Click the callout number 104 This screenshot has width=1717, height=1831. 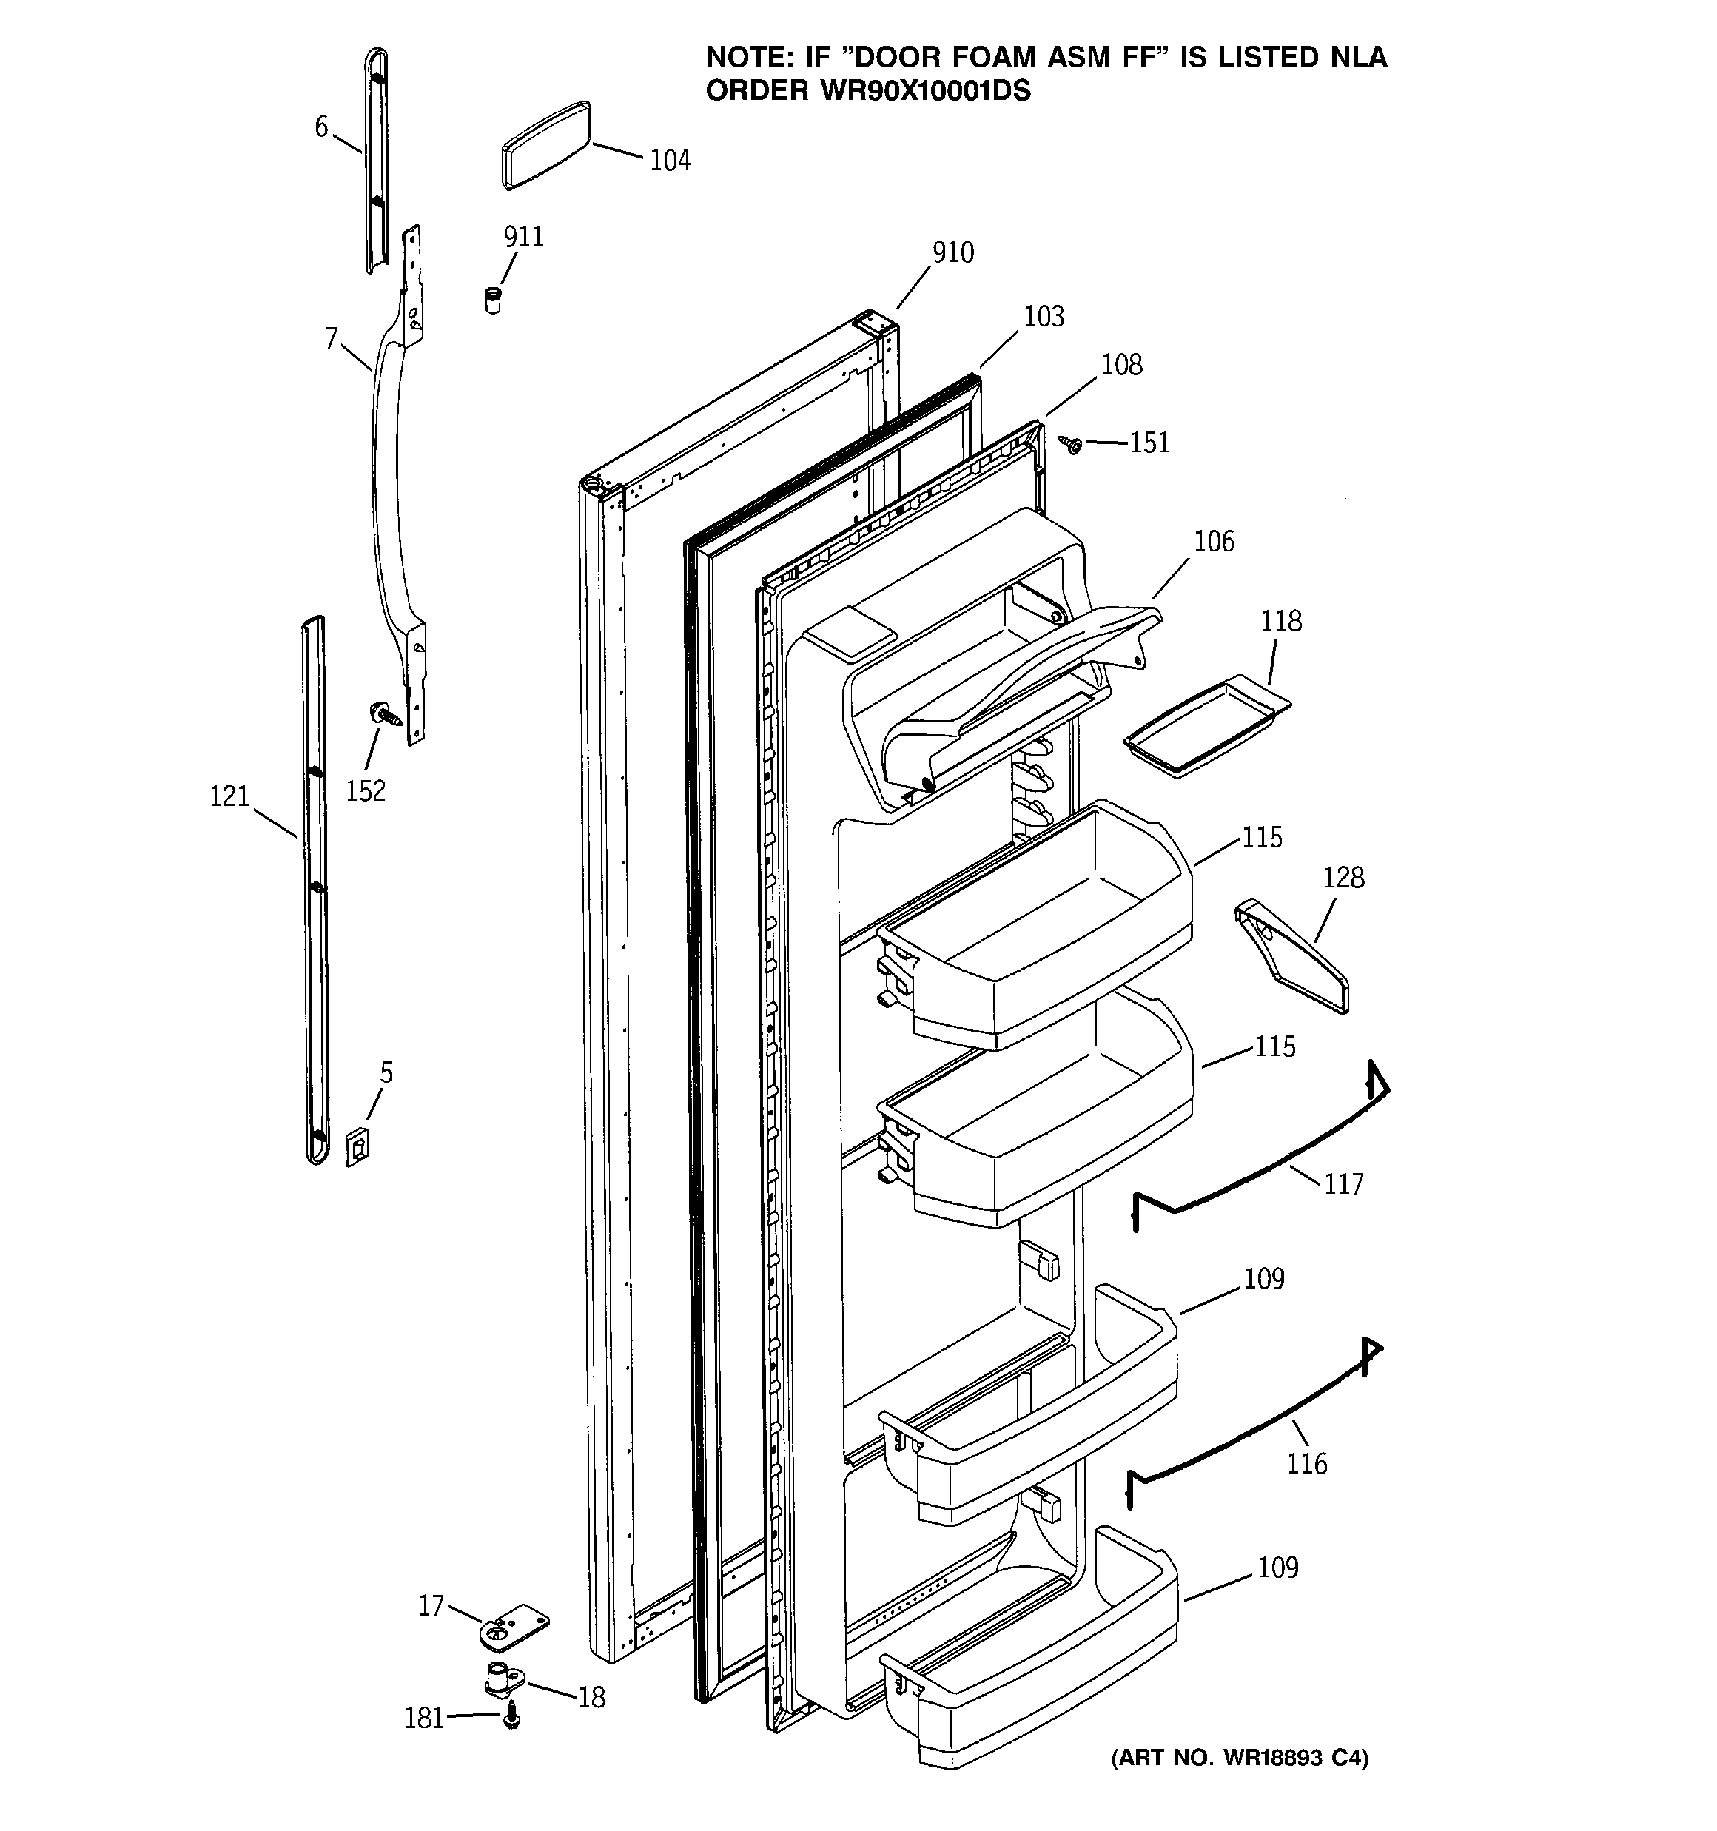point(670,161)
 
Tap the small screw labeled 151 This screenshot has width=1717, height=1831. point(1072,445)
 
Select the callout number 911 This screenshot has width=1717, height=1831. point(523,238)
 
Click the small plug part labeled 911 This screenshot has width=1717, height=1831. point(494,300)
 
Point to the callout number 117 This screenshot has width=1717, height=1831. point(1343,1184)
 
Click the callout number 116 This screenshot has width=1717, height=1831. point(1306,1463)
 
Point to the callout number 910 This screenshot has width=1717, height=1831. point(952,252)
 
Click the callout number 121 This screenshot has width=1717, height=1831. point(229,796)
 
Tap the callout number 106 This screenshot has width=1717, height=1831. point(1213,542)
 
